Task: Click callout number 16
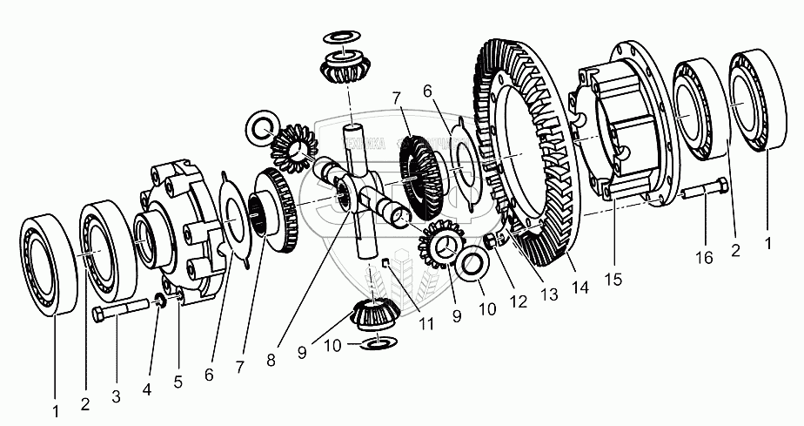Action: click(x=706, y=258)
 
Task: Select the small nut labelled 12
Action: click(x=492, y=241)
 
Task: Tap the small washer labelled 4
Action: click(x=159, y=301)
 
